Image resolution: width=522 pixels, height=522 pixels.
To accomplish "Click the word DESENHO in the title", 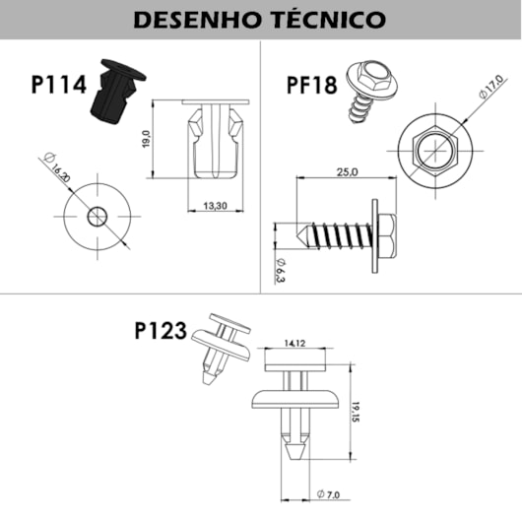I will (x=194, y=20).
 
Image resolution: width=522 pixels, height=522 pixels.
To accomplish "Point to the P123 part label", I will (x=160, y=331).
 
